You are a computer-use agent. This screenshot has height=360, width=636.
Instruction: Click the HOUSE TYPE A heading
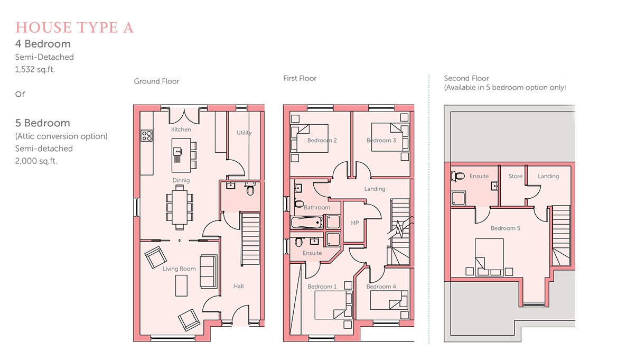[74, 27]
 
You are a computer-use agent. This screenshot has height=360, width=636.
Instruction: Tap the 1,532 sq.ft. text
[35, 69]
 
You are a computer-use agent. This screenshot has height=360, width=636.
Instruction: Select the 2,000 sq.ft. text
[36, 161]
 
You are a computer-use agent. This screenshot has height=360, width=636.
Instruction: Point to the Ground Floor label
[156, 81]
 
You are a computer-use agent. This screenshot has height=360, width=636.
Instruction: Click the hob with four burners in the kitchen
[147, 135]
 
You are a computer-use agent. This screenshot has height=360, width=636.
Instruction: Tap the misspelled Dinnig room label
[181, 180]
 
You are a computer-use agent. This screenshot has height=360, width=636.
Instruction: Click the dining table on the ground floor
[180, 207]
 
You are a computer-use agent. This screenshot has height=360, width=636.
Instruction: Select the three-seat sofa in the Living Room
[209, 272]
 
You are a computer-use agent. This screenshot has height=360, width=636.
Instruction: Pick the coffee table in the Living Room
[181, 285]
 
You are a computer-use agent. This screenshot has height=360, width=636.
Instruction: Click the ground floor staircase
[250, 239]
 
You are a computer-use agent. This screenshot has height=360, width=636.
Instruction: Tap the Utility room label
[244, 133]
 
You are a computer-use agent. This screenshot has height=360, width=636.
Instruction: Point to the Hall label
[239, 286]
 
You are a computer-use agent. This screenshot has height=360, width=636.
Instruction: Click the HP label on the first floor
[355, 223]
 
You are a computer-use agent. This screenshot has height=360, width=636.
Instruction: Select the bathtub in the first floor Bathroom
[306, 223]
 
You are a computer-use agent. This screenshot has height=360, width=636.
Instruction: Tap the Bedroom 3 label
[381, 141]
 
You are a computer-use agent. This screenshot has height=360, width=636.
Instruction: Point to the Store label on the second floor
[516, 176]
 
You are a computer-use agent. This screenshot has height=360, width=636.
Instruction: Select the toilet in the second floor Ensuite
[457, 176]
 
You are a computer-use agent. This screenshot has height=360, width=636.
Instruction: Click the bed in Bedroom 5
[489, 257]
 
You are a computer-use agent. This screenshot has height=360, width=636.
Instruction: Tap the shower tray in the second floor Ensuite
[459, 198]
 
